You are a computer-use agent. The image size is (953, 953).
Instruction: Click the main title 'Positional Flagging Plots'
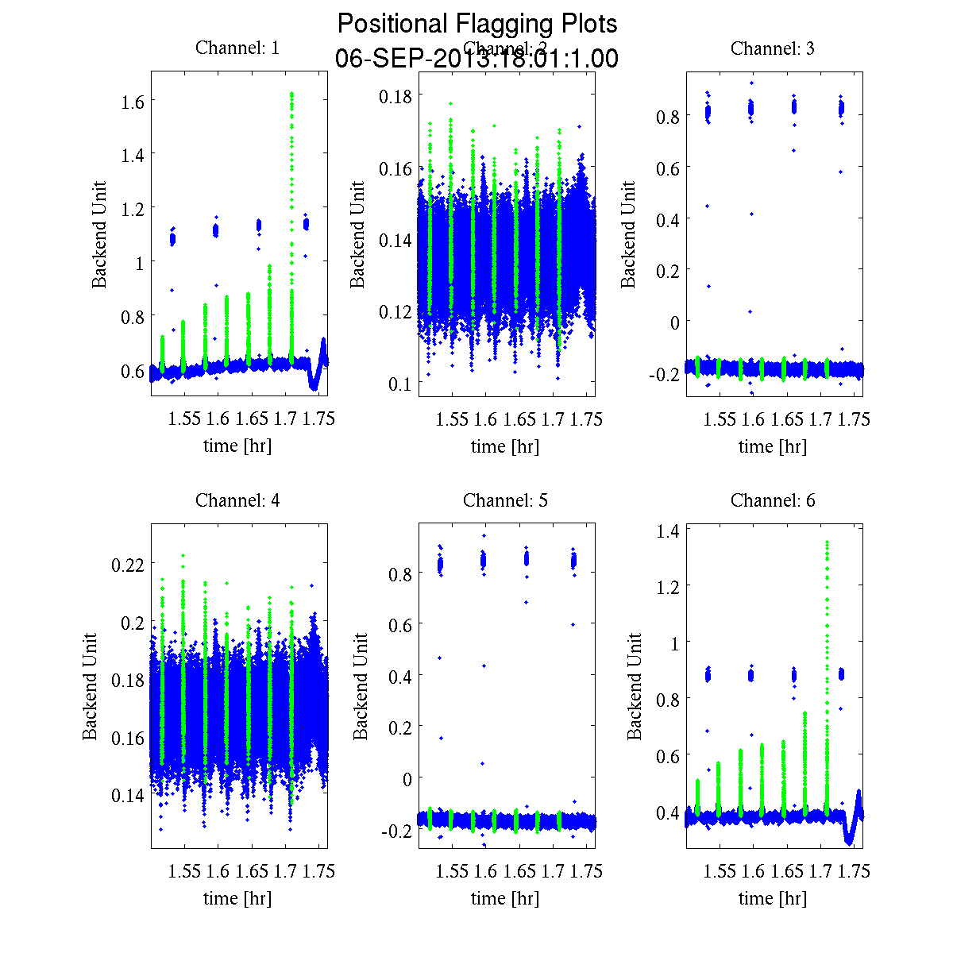click(x=477, y=24)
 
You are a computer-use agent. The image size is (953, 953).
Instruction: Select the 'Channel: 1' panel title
click(x=237, y=48)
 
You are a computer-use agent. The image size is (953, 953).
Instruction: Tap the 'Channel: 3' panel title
click(x=773, y=48)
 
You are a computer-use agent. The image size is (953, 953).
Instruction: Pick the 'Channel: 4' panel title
click(x=237, y=500)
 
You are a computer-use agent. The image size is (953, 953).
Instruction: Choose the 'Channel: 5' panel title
click(x=505, y=500)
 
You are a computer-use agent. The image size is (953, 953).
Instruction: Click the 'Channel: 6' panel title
click(x=773, y=500)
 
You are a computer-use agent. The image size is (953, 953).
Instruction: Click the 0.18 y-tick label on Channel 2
click(x=395, y=96)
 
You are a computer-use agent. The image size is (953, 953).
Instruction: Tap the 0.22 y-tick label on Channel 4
click(x=127, y=564)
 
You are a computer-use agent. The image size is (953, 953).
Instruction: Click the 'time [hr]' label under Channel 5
click(x=505, y=898)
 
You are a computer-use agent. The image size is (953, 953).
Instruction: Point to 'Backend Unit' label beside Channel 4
click(x=90, y=686)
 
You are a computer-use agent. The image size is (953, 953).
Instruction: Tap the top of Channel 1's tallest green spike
click(x=292, y=94)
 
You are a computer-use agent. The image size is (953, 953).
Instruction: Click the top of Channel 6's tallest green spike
click(x=827, y=542)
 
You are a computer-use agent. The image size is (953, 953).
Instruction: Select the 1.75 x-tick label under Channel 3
click(x=855, y=420)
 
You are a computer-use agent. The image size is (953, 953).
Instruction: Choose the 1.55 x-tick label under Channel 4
click(x=184, y=872)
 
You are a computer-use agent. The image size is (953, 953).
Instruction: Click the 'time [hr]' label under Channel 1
click(x=237, y=446)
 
